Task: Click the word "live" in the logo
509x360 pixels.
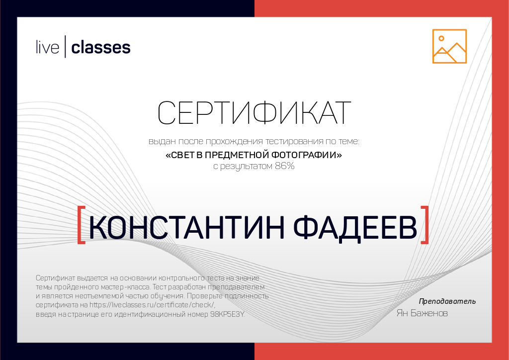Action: [47, 48]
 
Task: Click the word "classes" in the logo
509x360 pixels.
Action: [101, 48]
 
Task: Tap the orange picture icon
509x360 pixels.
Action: [449, 46]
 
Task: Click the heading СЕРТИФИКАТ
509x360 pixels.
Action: [254, 113]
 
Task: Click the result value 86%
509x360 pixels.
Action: [285, 167]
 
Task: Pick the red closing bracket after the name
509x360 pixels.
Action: [424, 225]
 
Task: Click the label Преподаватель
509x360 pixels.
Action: [447, 301]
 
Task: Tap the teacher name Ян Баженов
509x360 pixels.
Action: [422, 314]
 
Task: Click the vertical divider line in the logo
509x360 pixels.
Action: [65, 48]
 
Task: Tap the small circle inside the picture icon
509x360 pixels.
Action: [441, 38]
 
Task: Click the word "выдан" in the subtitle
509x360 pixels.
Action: [160, 142]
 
